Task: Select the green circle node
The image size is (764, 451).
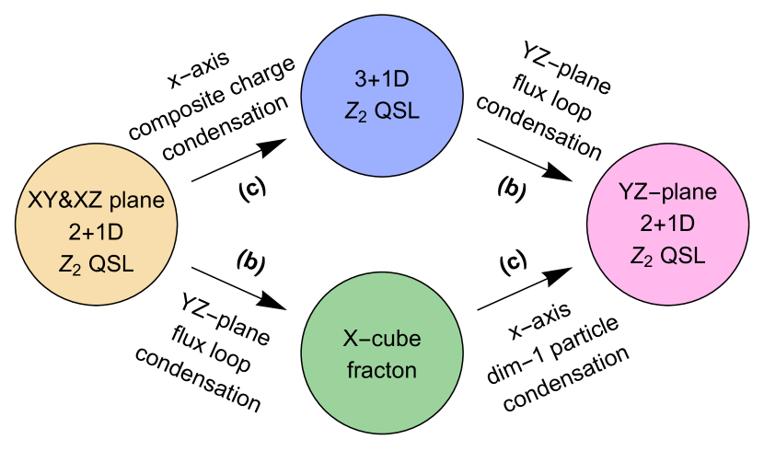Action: click(x=382, y=354)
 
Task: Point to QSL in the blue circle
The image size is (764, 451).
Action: click(x=398, y=111)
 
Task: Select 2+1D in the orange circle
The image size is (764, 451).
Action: click(x=96, y=231)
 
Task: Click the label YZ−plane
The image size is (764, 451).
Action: click(x=667, y=193)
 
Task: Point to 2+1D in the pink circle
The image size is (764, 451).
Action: click(x=667, y=224)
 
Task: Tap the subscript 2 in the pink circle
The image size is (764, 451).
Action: click(x=648, y=260)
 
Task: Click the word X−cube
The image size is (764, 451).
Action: click(x=382, y=340)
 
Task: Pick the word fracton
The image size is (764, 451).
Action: click(x=382, y=370)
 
